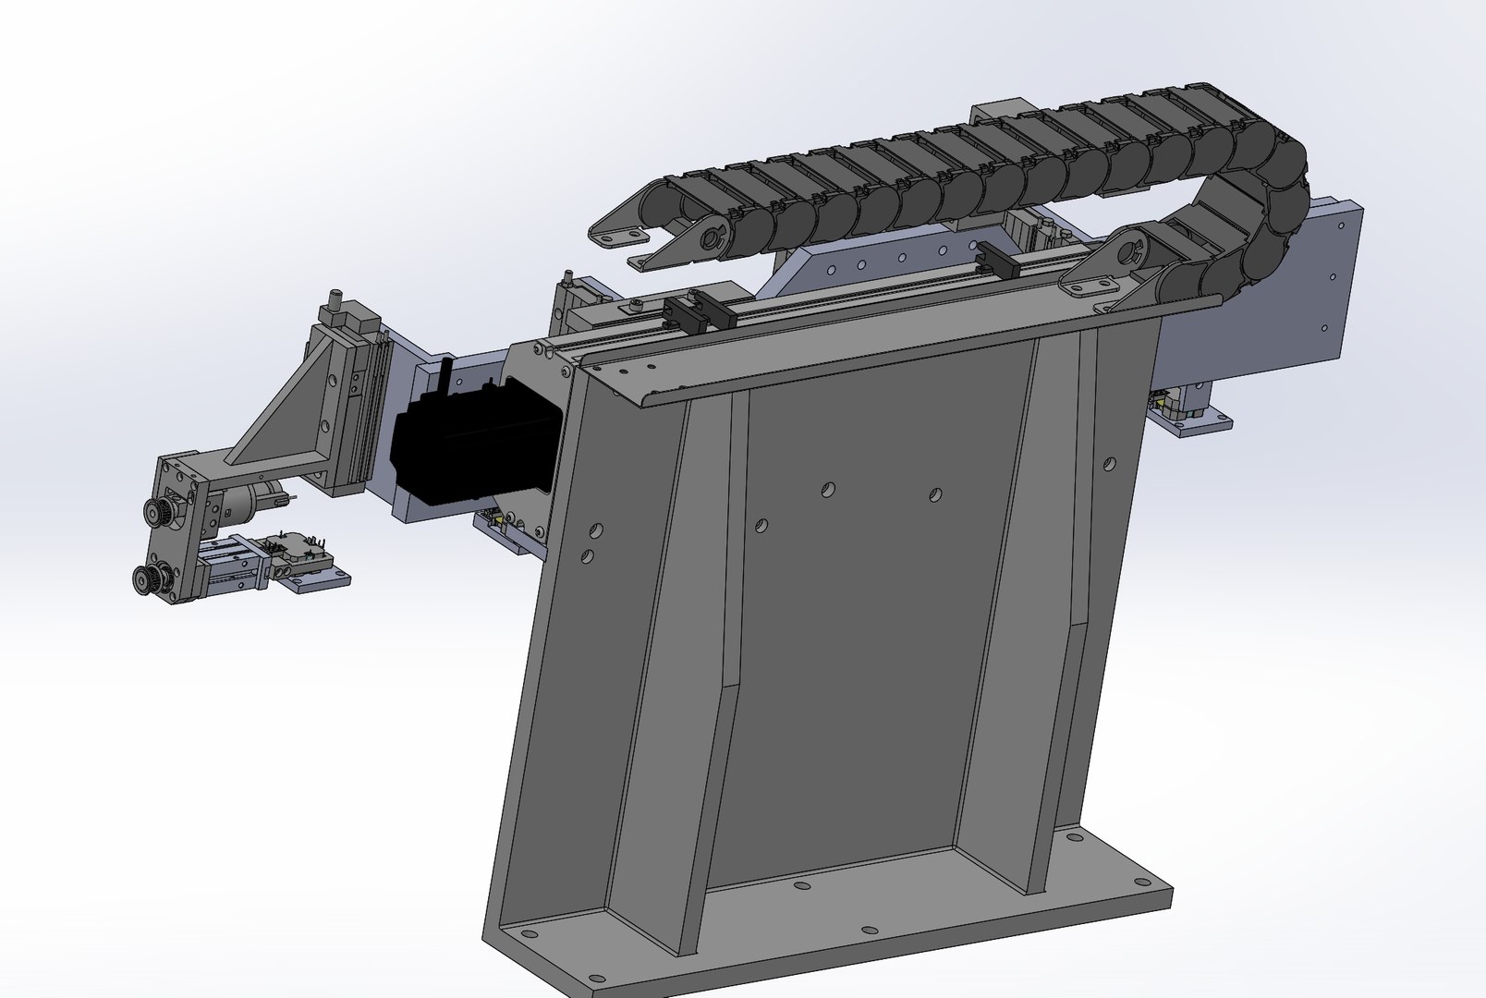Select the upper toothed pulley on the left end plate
156,510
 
